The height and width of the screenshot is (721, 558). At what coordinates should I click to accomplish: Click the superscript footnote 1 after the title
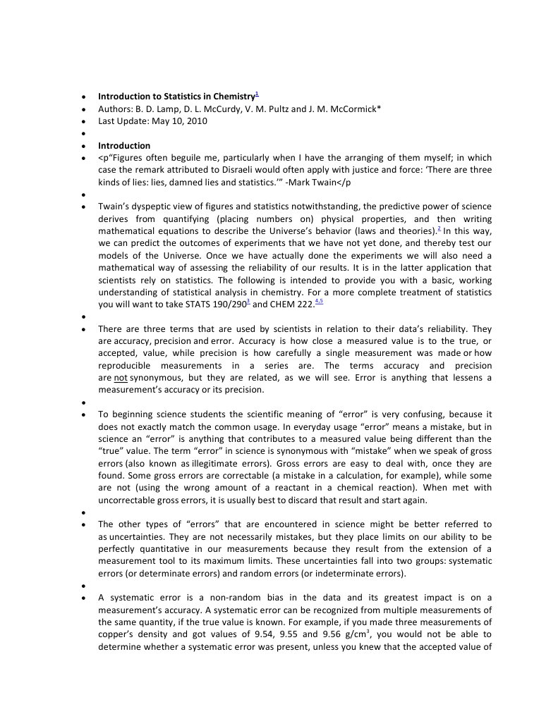click(x=257, y=94)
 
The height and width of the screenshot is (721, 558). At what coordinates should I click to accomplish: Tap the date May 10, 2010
click(x=179, y=121)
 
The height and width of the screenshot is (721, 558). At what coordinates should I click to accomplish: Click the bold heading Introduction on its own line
click(x=123, y=146)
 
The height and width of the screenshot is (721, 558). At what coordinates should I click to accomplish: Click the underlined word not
click(x=120, y=378)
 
